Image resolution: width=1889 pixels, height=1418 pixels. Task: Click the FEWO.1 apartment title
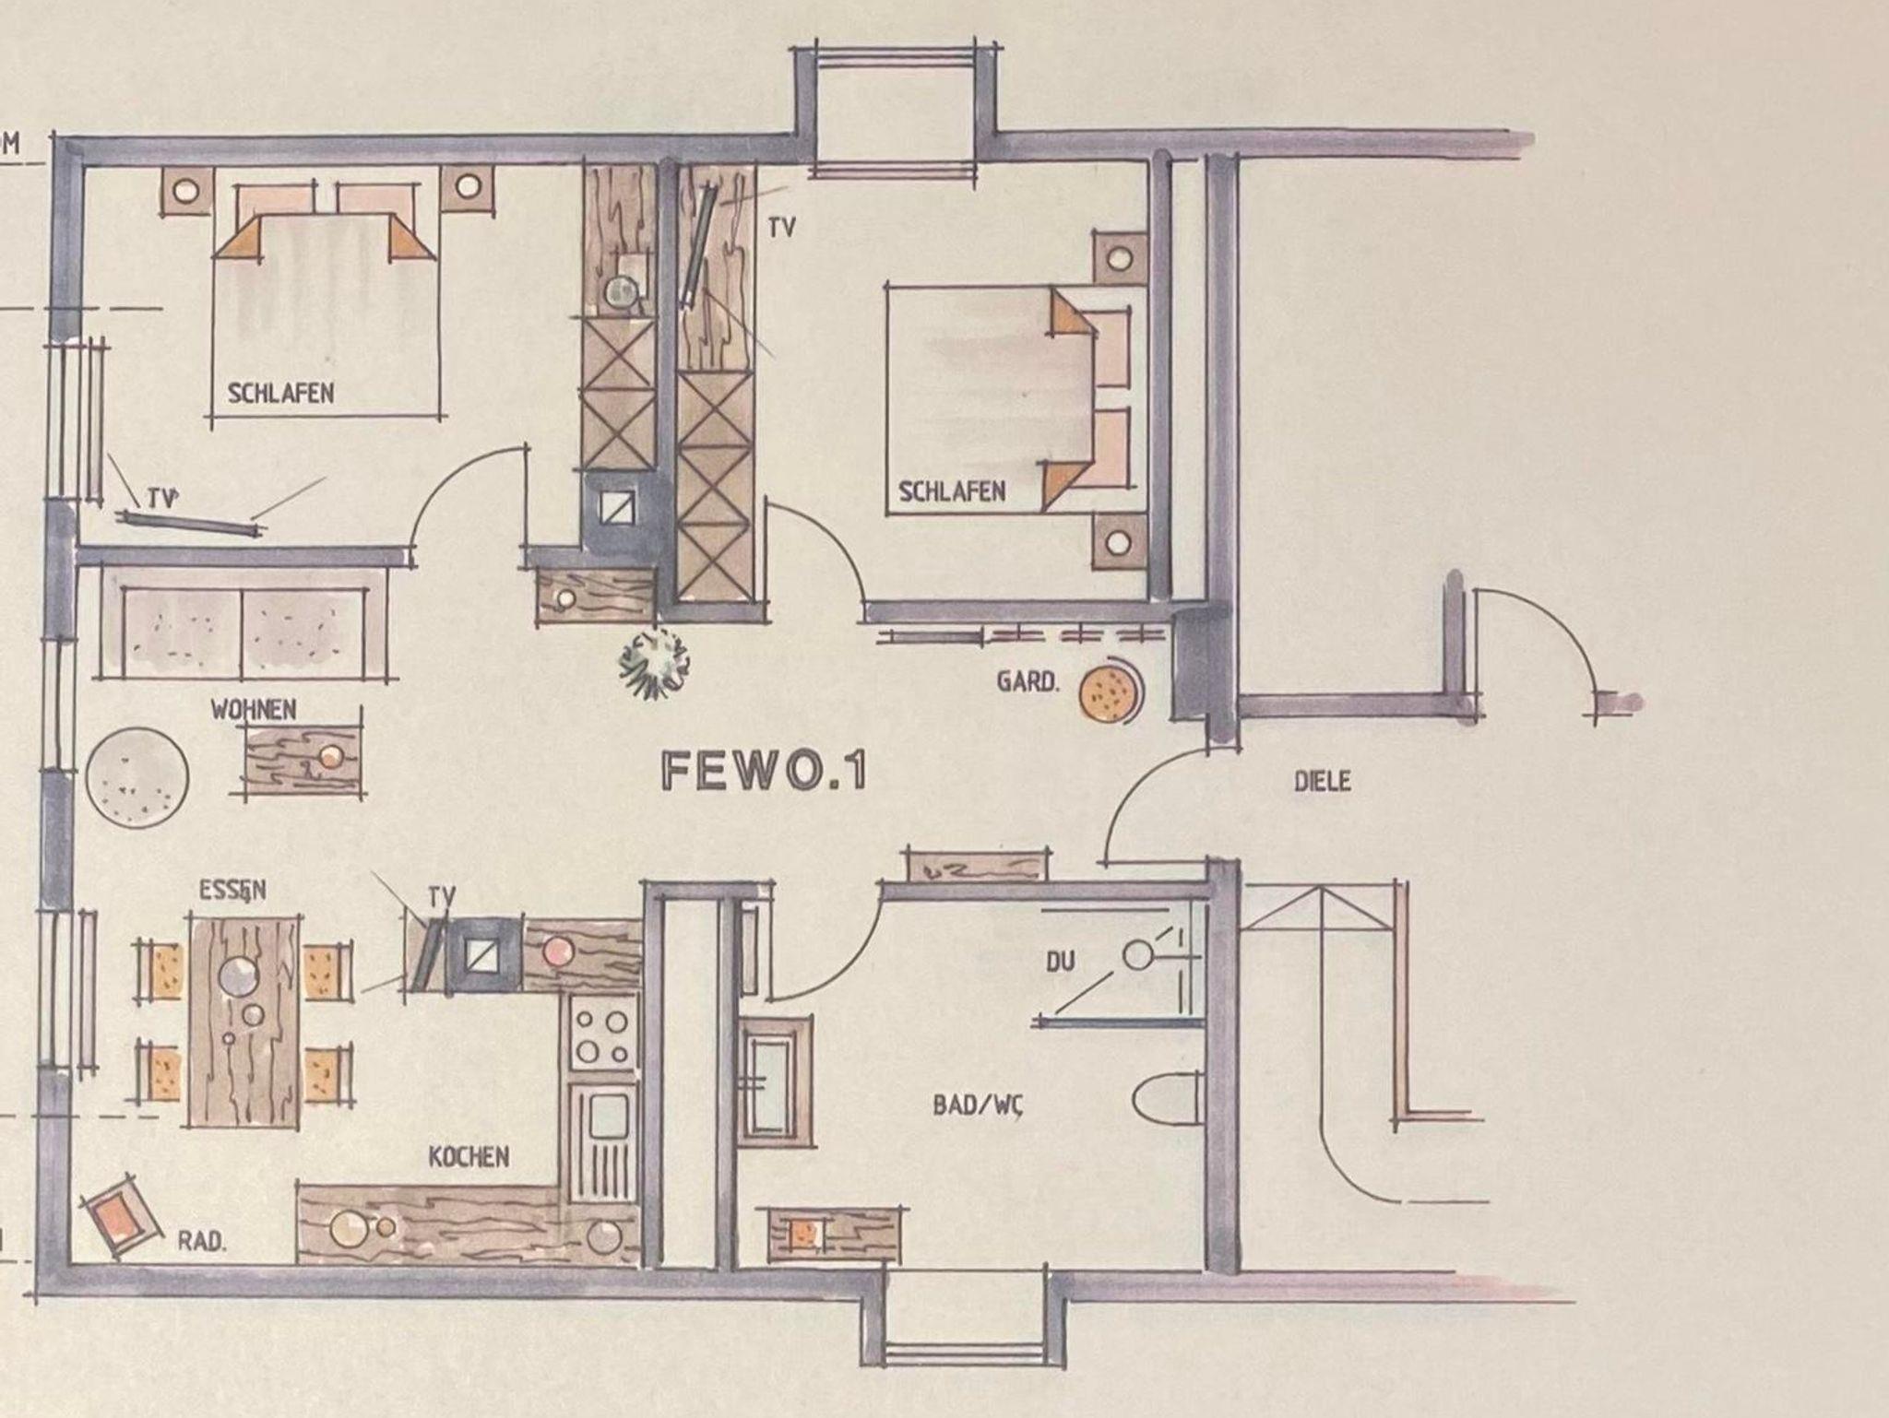[764, 770]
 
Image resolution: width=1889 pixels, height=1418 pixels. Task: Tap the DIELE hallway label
[1322, 782]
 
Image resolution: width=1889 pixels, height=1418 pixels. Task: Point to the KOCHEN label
[469, 1156]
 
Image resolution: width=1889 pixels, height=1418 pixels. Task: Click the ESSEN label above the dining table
[232, 890]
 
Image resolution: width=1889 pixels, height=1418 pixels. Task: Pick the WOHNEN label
[254, 709]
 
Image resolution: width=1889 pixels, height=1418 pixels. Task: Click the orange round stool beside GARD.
[1108, 691]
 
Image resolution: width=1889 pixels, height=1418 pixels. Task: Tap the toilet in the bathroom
[1167, 1097]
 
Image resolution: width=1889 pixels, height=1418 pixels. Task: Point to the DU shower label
[1060, 962]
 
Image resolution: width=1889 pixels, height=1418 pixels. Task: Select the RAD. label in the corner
[200, 1241]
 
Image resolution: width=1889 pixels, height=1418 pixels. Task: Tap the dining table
[244, 1020]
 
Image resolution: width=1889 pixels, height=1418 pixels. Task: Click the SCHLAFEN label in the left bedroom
[280, 393]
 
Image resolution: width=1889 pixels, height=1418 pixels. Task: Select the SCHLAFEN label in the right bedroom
[952, 491]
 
